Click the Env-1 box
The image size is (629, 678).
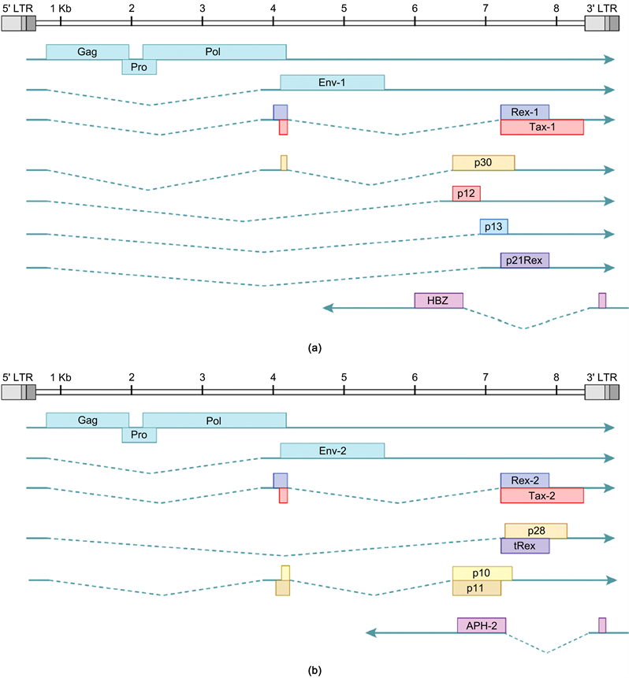[x=332, y=83]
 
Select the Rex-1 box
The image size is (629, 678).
[x=524, y=112]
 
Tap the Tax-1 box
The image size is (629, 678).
[x=542, y=128]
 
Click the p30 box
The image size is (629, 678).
[x=482, y=162]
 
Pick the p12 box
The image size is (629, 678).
[x=466, y=194]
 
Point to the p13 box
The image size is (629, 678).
[x=493, y=227]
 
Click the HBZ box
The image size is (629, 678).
[x=438, y=301]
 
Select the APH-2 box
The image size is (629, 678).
[x=481, y=625]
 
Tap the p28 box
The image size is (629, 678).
[x=535, y=531]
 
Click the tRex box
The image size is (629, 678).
[x=524, y=546]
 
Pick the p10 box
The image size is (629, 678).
[x=482, y=573]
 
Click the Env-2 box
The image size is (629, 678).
[x=332, y=450]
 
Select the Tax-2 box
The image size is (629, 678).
[x=542, y=495]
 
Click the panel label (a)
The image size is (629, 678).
[x=315, y=347]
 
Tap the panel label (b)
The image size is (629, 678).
[x=315, y=671]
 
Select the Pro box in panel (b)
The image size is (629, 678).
[x=139, y=435]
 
